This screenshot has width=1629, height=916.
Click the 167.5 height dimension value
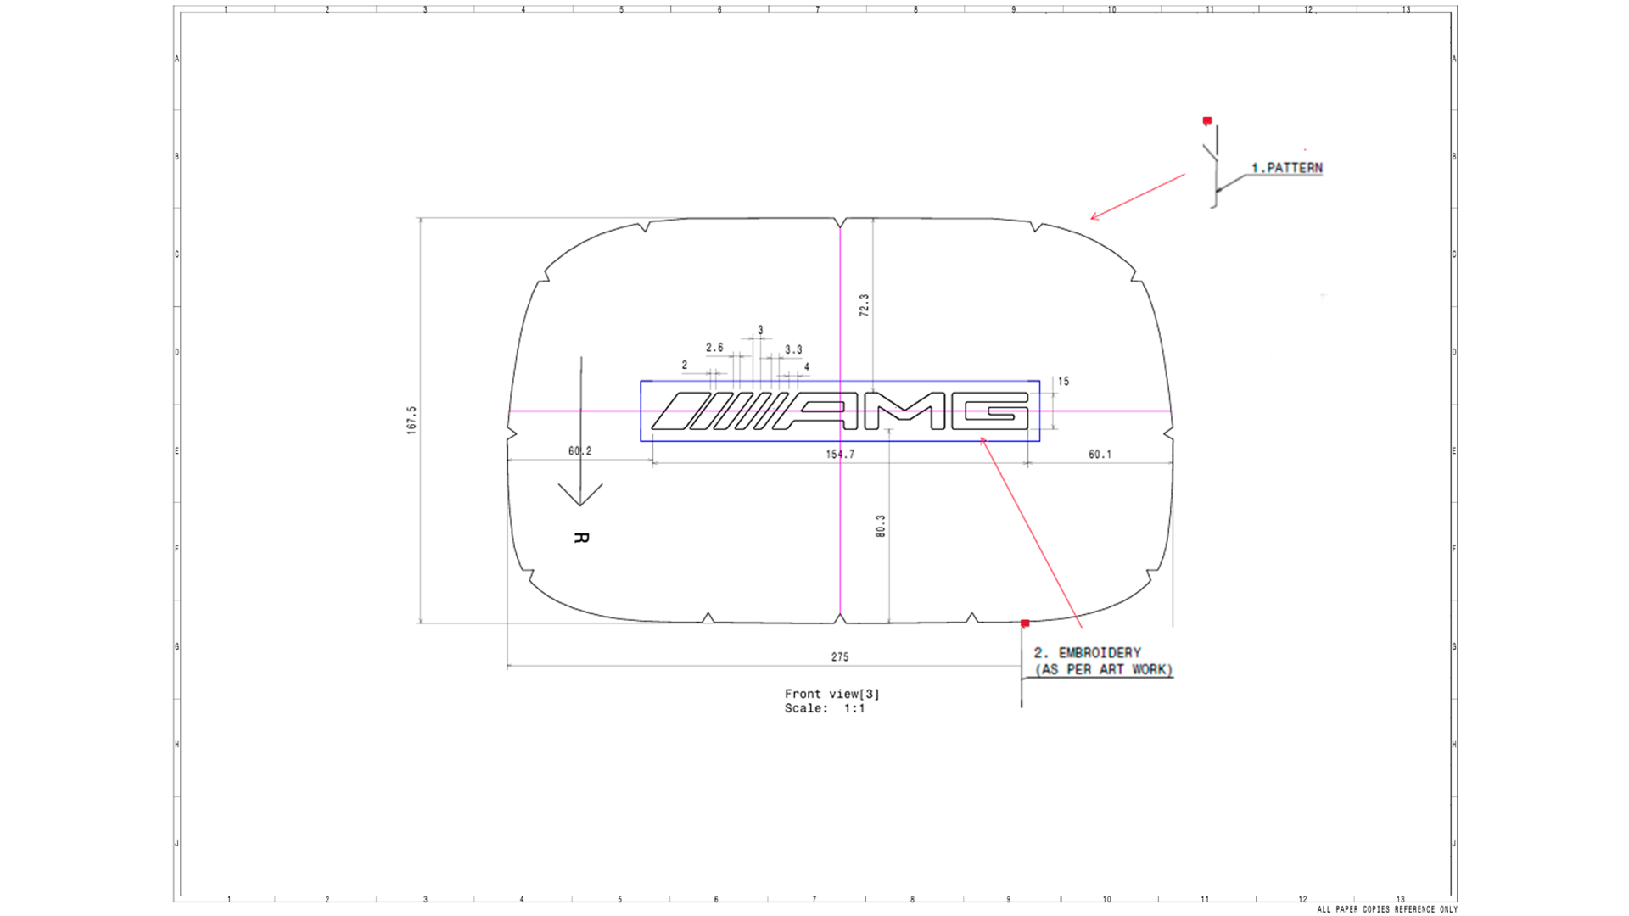coord(412,420)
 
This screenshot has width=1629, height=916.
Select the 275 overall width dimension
coord(840,656)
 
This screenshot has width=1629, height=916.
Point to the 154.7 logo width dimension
coord(840,455)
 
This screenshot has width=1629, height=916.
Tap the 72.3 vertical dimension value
coord(864,305)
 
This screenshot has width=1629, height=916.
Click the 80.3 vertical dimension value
coord(881,526)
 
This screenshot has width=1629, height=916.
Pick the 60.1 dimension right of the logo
coord(1100,455)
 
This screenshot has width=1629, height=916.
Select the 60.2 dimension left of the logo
coord(580,451)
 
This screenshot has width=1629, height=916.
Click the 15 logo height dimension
coord(1063,382)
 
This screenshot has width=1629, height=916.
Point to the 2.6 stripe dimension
coord(714,348)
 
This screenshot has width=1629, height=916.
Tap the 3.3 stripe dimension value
coord(793,349)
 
